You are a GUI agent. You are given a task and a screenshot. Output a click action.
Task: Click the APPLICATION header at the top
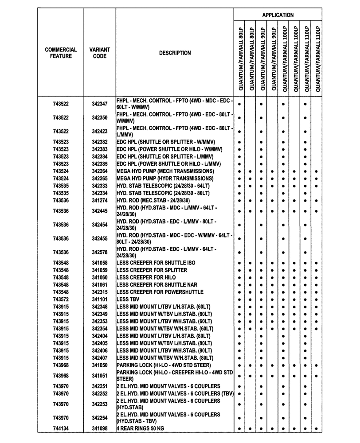(278, 15)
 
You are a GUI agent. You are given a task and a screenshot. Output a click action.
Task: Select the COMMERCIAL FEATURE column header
(61, 53)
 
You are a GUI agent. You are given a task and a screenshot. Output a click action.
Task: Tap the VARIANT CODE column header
(100, 53)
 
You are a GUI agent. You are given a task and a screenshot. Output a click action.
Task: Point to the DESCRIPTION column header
(175, 53)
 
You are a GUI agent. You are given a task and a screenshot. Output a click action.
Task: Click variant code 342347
(100, 104)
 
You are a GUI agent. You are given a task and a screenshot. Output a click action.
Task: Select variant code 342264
(100, 171)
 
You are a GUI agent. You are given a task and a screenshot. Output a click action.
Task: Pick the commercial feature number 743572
(61, 299)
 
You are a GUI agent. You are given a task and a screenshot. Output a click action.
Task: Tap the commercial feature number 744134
(61, 429)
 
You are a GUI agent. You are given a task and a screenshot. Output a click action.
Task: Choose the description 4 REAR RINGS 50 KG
(144, 429)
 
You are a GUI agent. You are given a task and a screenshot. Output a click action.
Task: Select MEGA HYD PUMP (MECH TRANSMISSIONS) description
(165, 171)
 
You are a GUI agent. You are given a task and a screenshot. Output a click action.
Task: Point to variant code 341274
(100, 201)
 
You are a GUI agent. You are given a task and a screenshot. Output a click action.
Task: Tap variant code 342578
(100, 253)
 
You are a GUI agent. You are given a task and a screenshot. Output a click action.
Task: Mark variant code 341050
(100, 365)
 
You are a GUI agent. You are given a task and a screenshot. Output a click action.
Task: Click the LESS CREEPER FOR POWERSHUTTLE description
(160, 292)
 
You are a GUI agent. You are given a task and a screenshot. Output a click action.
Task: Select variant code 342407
(100, 358)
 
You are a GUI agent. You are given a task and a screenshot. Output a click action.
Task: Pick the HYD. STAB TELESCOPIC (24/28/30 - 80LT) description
(163, 193)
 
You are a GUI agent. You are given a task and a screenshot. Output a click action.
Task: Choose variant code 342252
(100, 393)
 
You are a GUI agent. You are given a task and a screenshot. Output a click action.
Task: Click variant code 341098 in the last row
(100, 429)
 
